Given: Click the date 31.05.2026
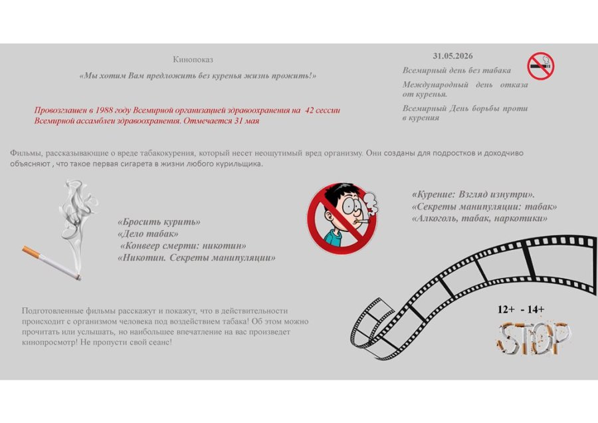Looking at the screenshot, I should [457, 56].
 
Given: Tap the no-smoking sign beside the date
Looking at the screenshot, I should [541, 67].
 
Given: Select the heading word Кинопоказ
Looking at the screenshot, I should [193, 60].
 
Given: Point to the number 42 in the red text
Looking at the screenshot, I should [310, 110].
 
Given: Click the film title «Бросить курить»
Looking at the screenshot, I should [159, 222].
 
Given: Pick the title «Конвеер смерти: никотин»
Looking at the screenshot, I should [183, 245].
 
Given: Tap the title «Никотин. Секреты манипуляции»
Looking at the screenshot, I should [196, 257].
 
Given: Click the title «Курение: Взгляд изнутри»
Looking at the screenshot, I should [473, 195].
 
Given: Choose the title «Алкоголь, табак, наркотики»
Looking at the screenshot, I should [479, 217].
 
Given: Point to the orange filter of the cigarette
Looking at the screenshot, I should [31, 251].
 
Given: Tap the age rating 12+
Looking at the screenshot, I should [506, 309].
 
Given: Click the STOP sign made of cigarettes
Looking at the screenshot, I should [534, 338].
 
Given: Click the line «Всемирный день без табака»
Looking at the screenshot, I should [456, 70].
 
